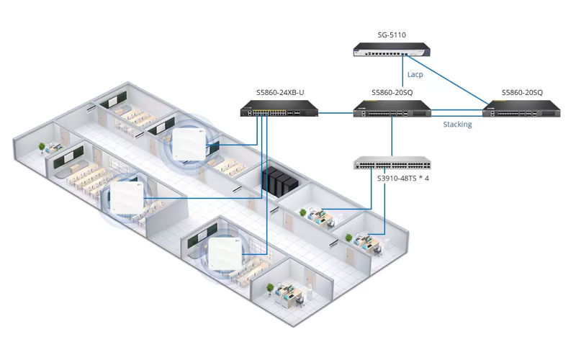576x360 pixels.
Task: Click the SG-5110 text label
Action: tap(392, 35)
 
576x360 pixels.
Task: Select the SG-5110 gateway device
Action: tap(392, 50)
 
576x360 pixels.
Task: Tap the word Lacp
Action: tap(415, 74)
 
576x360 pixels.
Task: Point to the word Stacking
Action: tap(457, 125)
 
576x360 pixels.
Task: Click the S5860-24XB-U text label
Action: tap(280, 93)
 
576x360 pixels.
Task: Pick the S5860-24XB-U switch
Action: tap(279, 109)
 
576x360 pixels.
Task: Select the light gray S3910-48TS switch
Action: tap(392, 163)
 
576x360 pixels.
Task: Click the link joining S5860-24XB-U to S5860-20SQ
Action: tap(336, 113)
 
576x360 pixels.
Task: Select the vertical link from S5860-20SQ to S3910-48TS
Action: tap(392, 137)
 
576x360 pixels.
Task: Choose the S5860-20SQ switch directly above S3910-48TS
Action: tap(392, 109)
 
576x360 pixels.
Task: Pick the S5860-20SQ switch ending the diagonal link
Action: tap(522, 109)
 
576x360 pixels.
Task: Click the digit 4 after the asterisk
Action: tap(426, 178)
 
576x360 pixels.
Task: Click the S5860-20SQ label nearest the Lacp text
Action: tap(392, 93)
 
